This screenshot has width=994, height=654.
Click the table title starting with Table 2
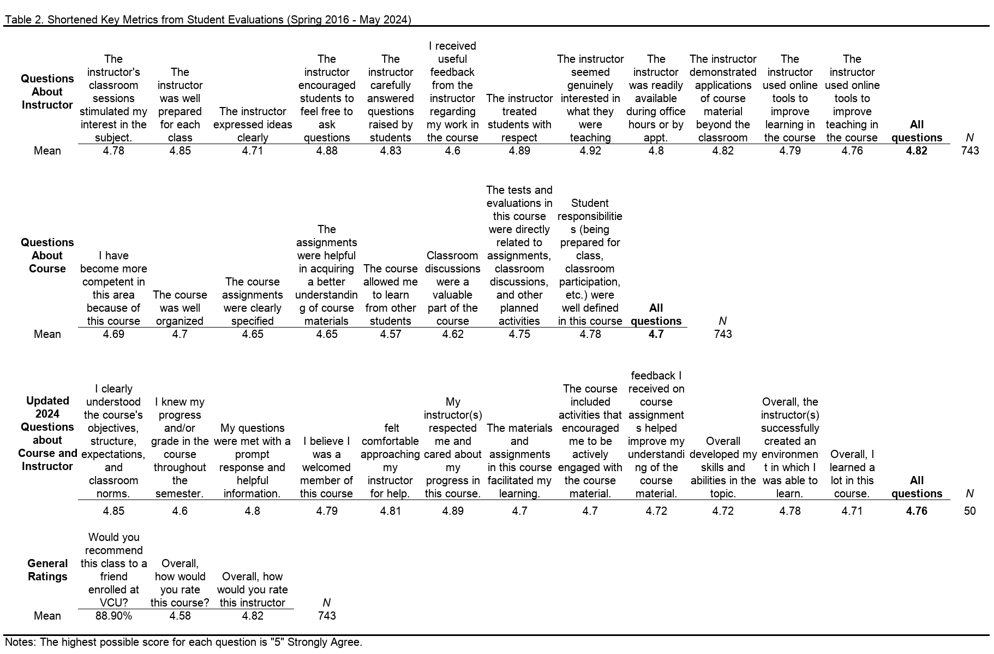(208, 20)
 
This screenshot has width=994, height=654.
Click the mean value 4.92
(590, 151)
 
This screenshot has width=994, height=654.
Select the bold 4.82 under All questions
(917, 151)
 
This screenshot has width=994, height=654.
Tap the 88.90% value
(113, 616)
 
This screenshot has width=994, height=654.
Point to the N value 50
(969, 511)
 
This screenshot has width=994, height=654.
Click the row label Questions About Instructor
(47, 92)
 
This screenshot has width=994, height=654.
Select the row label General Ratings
(47, 570)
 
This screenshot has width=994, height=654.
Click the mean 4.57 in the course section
(390, 334)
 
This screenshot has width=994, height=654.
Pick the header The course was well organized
(180, 308)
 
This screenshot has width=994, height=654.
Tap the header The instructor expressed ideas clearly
(253, 124)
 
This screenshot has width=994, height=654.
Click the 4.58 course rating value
(180, 616)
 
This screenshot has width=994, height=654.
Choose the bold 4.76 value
(917, 511)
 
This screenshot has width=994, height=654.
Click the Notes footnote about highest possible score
(183, 642)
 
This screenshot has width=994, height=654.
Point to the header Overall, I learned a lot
(852, 474)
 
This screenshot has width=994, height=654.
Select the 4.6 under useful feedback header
(452, 151)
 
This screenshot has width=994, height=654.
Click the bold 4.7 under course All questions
(656, 334)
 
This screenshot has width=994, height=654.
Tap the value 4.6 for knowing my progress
(180, 511)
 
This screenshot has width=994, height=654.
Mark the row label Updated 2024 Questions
(47, 433)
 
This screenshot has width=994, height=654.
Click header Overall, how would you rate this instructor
(253, 590)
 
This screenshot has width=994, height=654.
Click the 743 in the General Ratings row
(326, 616)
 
